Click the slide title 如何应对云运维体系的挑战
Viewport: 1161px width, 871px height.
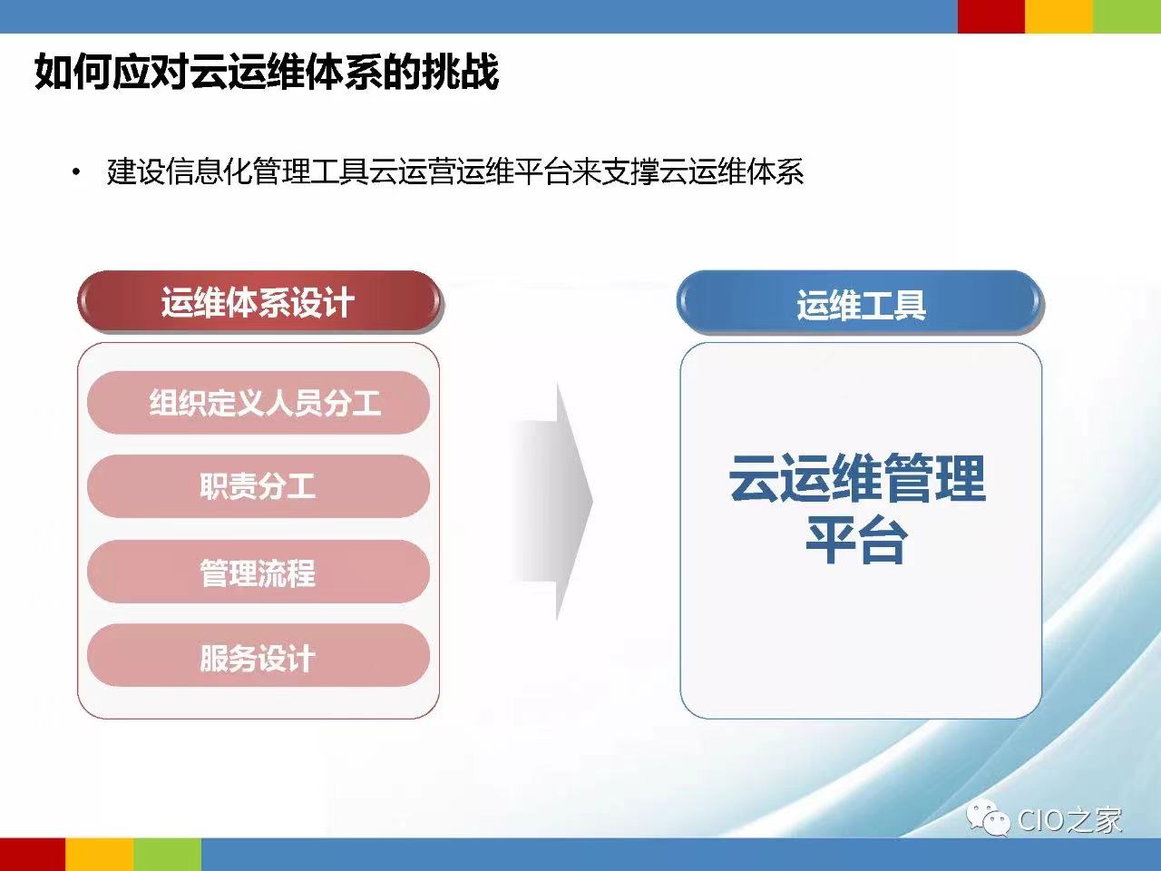click(267, 72)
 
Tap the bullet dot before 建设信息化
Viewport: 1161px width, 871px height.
click(76, 171)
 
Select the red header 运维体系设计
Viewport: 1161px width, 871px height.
click(259, 302)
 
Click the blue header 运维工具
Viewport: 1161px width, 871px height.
click(861, 302)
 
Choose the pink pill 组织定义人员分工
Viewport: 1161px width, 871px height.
click(259, 403)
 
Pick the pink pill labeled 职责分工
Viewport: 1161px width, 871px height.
click(259, 486)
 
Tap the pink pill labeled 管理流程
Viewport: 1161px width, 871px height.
click(259, 572)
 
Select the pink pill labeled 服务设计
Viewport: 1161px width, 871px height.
click(259, 656)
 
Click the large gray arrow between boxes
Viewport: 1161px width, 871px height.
click(552, 502)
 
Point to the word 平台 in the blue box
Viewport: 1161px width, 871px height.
click(857, 541)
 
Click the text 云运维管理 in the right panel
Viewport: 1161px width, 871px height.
click(857, 477)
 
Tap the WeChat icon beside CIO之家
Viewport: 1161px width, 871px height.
click(987, 818)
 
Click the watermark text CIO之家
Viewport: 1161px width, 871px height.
click(1069, 820)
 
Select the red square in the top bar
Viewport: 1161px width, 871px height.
click(991, 16)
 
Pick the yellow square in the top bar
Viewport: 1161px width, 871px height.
click(1059, 16)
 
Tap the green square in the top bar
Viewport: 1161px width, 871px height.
click(1127, 16)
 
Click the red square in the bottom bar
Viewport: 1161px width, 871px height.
click(33, 854)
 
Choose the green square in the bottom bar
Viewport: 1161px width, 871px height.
click(167, 854)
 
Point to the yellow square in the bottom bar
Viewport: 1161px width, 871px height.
click(100, 854)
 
